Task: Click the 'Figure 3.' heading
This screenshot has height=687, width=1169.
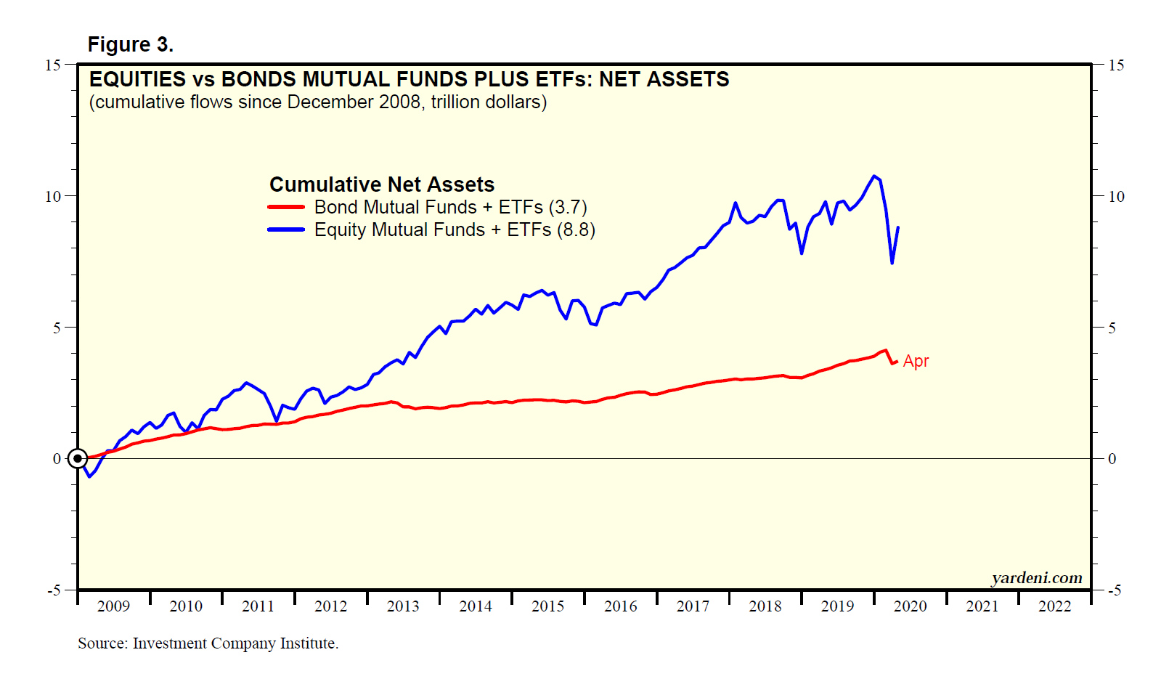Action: tap(130, 45)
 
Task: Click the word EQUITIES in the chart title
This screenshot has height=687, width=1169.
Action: tap(138, 79)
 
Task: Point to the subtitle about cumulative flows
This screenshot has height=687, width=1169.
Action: tap(318, 102)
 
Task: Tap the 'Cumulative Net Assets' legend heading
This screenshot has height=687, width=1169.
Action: tap(382, 184)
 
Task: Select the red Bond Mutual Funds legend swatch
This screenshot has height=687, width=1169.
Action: tap(286, 207)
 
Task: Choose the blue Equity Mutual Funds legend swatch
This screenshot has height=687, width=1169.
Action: tap(286, 229)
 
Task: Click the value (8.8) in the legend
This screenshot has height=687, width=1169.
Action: tap(576, 230)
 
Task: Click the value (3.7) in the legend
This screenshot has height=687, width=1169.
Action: tap(568, 208)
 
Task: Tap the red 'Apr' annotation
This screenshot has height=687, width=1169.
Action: tap(916, 361)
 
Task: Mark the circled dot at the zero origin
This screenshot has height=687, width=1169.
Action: tap(78, 458)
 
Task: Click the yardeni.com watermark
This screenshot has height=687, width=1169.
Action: tap(1036, 578)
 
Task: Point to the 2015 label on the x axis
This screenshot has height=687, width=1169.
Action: tap(547, 606)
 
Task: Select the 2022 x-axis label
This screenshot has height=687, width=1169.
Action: tap(1054, 606)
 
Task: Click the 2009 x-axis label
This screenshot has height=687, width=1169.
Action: tap(113, 606)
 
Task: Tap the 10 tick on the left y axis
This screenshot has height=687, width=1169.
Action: tap(53, 197)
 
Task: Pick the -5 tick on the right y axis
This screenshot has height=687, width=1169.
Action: tap(1114, 590)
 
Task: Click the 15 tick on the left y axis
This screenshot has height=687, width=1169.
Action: tap(53, 65)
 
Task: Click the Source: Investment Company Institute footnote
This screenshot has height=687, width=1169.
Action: tap(208, 643)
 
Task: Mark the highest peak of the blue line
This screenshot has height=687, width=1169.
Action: tap(874, 176)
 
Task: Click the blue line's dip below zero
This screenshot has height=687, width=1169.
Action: tap(89, 476)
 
